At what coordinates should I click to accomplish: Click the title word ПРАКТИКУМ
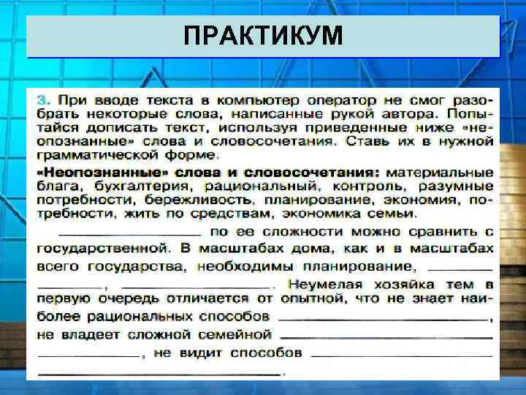click(262, 36)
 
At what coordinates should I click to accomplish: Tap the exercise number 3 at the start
click(43, 98)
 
